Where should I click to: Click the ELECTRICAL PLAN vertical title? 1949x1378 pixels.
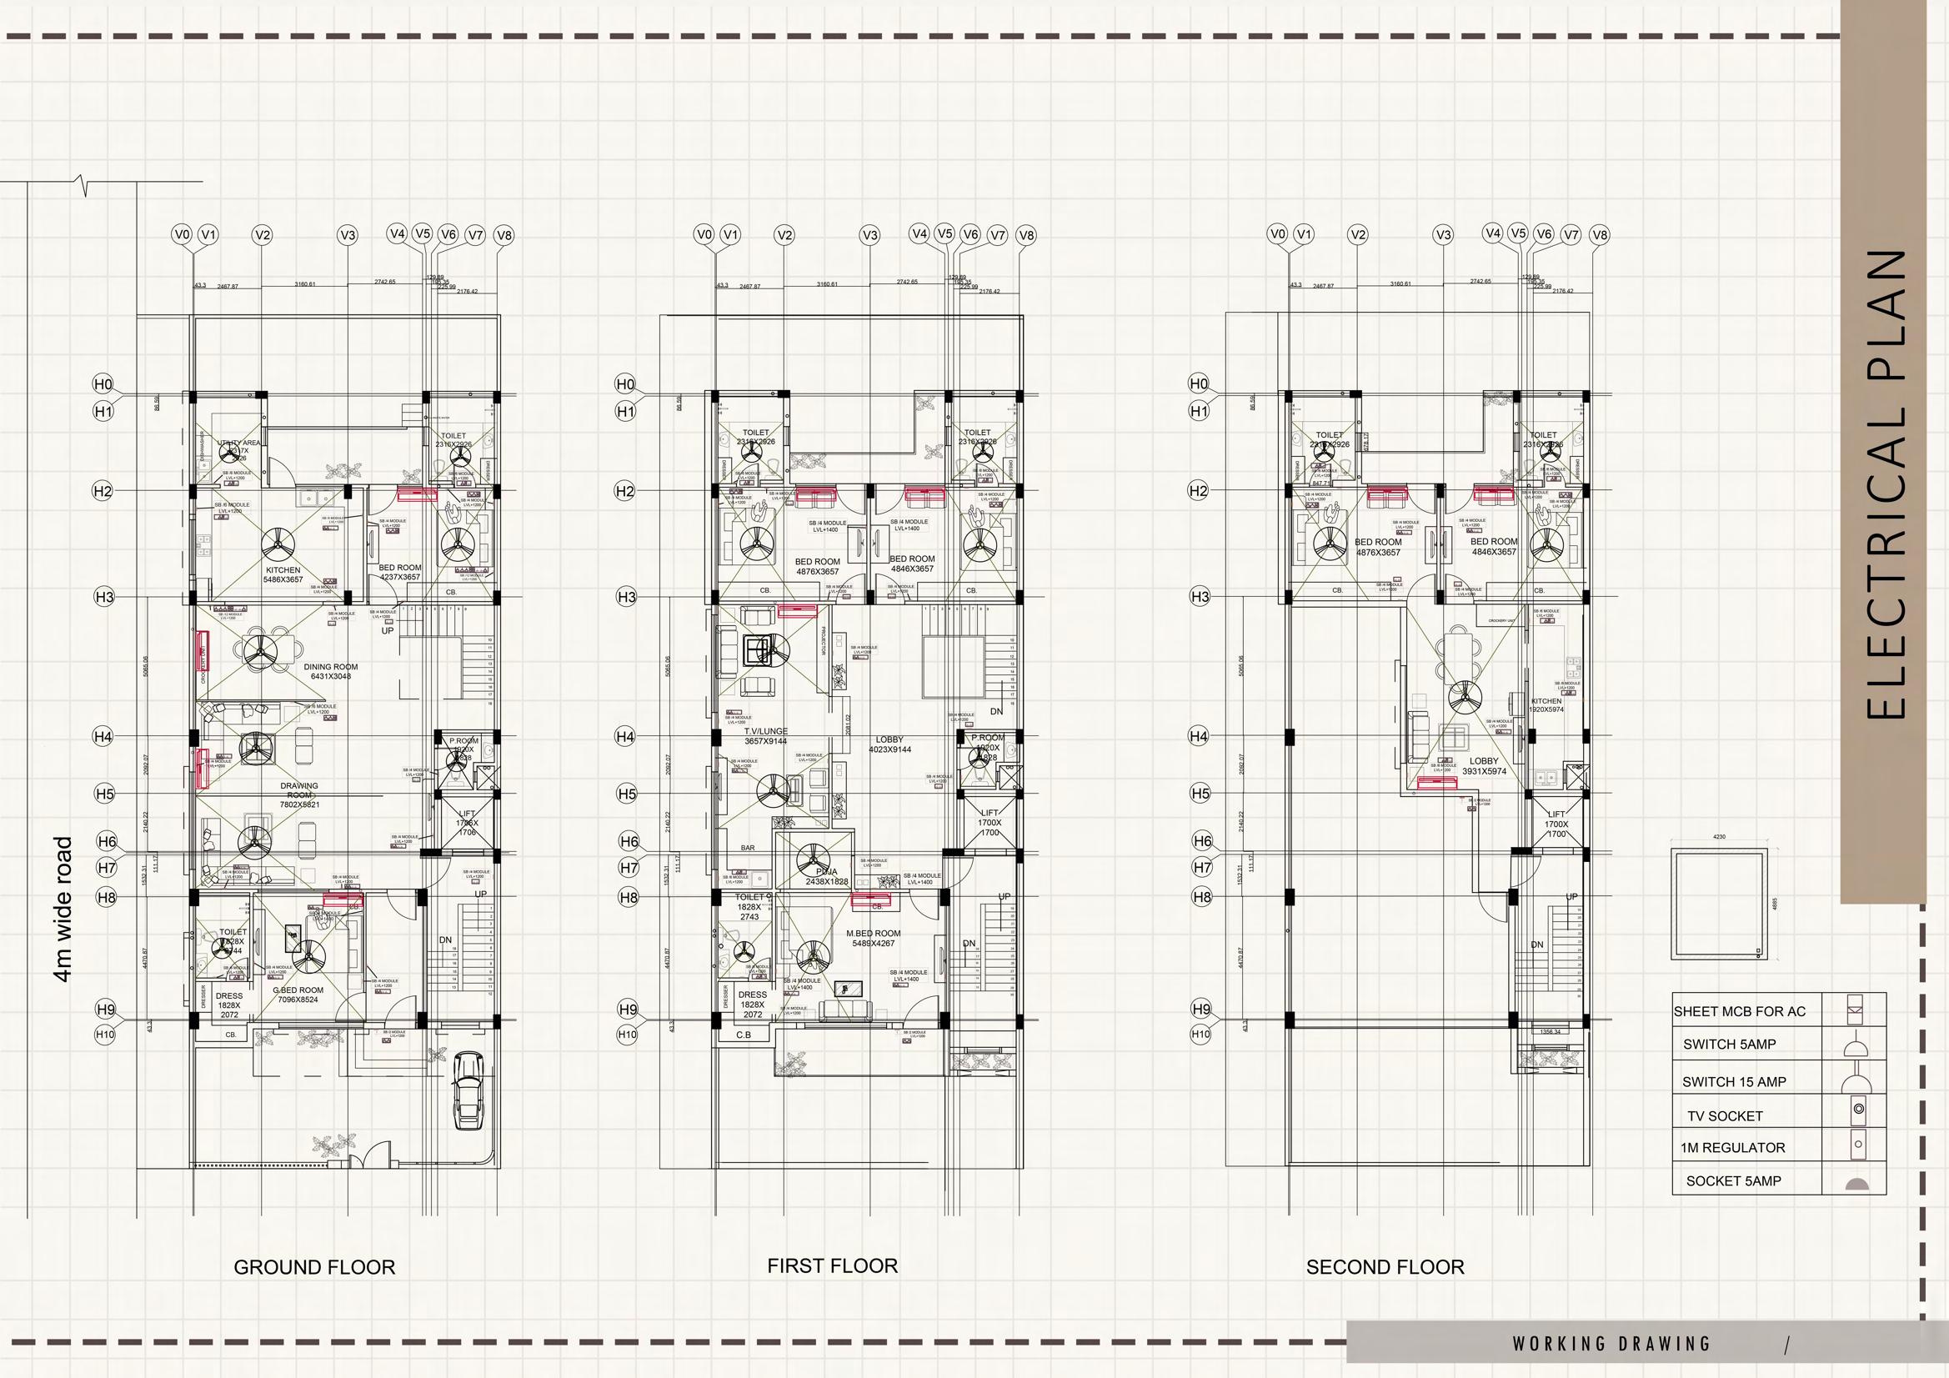coord(1888,484)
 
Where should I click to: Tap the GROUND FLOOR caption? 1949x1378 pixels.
coord(314,1268)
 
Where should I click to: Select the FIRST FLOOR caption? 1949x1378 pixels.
coord(832,1266)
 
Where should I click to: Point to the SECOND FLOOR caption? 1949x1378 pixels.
coord(1385,1268)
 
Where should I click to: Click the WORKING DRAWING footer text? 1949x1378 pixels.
coord(1611,1344)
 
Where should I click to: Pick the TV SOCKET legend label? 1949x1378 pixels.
coord(1724,1116)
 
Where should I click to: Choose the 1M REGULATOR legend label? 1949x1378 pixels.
coord(1731,1148)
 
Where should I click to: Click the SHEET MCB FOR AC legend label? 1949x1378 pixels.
coord(1739,1011)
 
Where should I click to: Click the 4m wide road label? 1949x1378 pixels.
coord(63,910)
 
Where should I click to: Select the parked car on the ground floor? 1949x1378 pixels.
coord(468,1091)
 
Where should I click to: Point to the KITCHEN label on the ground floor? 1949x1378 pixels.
coord(283,570)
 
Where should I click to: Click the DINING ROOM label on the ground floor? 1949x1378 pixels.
coord(330,668)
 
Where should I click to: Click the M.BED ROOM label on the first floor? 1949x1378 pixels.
coord(873,933)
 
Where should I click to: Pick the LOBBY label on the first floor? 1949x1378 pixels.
coord(889,739)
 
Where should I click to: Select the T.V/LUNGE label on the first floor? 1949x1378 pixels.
coord(765,731)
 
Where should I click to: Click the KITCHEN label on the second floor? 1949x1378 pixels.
coord(1546,701)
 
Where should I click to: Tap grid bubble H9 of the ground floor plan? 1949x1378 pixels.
coord(105,1010)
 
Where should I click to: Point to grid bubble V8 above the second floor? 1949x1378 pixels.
coord(1599,235)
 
